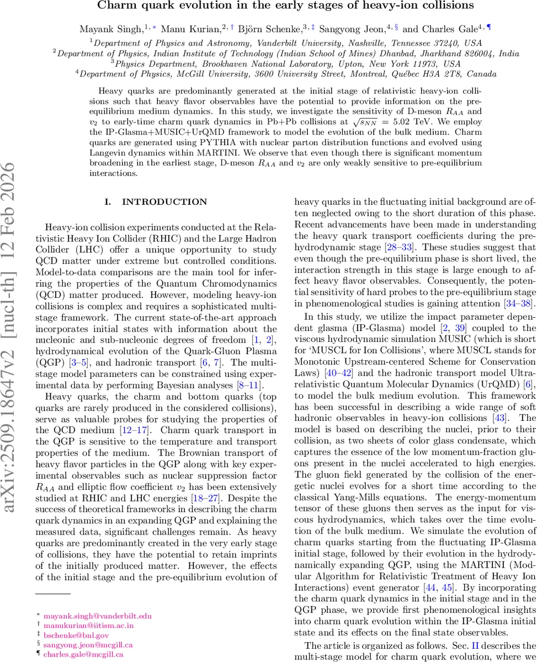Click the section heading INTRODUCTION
point(164,202)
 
